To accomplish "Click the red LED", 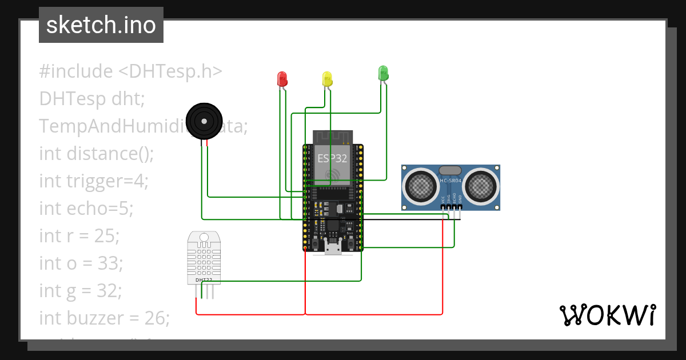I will coord(281,79).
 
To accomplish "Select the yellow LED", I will coord(327,79).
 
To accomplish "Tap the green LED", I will coord(383,73).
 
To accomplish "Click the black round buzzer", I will coord(204,121).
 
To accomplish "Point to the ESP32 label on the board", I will coord(332,158).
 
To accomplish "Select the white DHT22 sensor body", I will coord(204,257).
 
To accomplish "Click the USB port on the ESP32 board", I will coord(332,247).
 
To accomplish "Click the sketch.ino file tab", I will coord(101,25).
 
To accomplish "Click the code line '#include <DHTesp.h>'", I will coord(130,71).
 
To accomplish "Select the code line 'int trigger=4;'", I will coord(94,181).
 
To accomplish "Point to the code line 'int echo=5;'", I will coord(86,209).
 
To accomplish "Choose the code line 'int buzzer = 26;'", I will coord(105,318).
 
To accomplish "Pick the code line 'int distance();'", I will coord(97,154).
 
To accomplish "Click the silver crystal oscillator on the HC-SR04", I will coord(450,170).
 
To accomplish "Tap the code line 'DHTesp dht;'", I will coord(92,99).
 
